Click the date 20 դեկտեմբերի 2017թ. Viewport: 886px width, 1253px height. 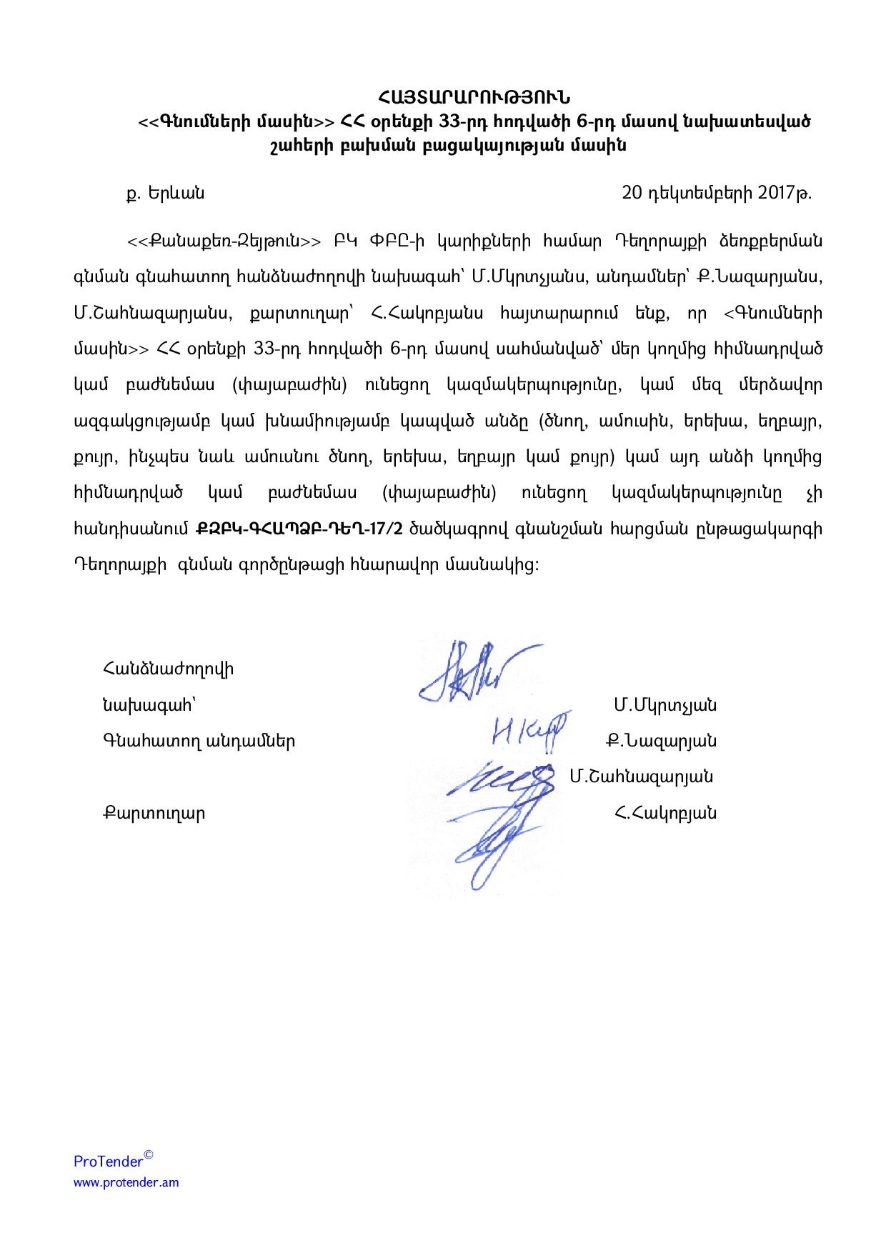click(x=717, y=193)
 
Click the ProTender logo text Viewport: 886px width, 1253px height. click(x=109, y=1161)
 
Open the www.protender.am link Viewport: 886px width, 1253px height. click(x=126, y=1182)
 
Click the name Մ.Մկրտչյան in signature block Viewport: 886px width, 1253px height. click(x=664, y=705)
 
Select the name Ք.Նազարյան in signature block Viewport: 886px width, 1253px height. click(x=661, y=741)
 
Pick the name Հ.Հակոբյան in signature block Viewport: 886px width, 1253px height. click(x=664, y=813)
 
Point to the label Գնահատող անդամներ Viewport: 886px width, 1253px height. click(x=199, y=741)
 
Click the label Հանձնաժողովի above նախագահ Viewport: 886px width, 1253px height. click(x=168, y=669)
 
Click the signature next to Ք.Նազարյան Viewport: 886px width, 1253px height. click(x=529, y=732)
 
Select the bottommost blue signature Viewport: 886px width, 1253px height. click(x=497, y=843)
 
